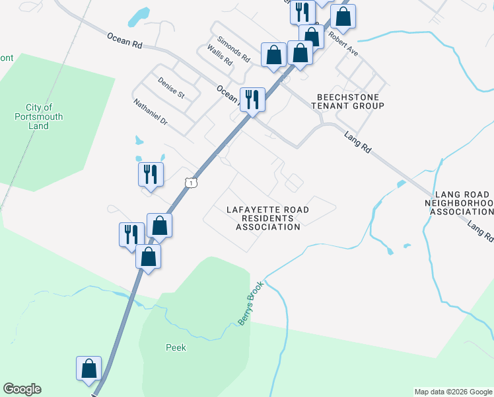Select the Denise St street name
171,88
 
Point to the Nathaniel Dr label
151,112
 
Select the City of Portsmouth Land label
39,116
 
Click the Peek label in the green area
176,347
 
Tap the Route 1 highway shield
191,181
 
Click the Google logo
22,389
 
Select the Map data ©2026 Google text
453,392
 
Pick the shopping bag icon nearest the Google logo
88,369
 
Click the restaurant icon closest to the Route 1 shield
151,175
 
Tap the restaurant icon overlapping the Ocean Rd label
252,100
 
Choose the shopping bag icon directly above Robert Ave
343,16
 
